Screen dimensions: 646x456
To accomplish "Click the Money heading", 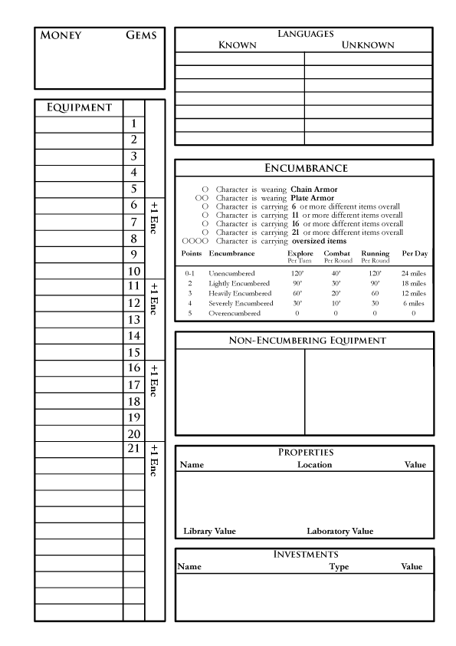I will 61,35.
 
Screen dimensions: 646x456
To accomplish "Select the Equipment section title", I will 80,107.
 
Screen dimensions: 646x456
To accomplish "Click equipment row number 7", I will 133,222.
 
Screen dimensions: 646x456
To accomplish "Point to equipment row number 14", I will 133,336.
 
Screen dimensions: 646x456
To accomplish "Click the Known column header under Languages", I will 238,45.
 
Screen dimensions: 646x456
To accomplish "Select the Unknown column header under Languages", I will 368,45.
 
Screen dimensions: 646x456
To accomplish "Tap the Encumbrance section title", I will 305,168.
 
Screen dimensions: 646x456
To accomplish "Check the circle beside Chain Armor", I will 205,190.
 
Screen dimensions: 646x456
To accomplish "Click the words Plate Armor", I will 313,198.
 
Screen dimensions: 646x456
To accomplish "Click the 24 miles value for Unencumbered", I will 413,273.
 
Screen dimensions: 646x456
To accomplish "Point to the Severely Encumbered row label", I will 240,303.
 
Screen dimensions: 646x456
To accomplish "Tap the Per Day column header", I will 415,254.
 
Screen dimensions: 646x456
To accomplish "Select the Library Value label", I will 209,531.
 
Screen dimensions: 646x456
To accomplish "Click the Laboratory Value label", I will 340,531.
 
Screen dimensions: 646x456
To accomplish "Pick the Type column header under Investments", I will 339,566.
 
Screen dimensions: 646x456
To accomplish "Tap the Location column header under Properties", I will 314,464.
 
